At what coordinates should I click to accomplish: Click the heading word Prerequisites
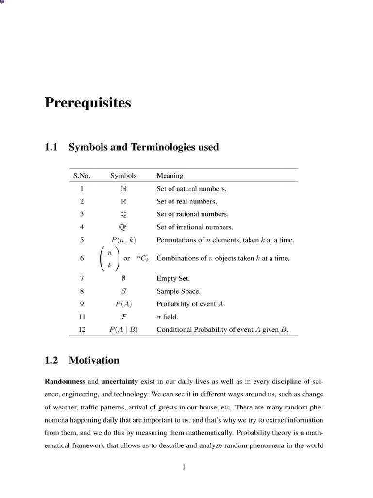pyautogui.click(x=87, y=104)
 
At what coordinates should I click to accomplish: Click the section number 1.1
pyautogui.click(x=51, y=147)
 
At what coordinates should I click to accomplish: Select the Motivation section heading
pyautogui.click(x=94, y=360)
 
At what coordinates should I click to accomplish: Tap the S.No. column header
pyautogui.click(x=82, y=176)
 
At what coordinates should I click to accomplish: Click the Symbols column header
pyautogui.click(x=123, y=176)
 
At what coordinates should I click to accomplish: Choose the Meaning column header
pyautogui.click(x=170, y=176)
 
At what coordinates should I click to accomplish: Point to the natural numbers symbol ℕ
pyautogui.click(x=123, y=189)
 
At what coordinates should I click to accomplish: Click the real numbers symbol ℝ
pyautogui.click(x=123, y=201)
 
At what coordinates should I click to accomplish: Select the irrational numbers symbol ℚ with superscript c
pyautogui.click(x=123, y=227)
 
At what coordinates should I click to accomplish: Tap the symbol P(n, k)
pyautogui.click(x=123, y=240)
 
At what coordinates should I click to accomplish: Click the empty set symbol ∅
pyautogui.click(x=123, y=279)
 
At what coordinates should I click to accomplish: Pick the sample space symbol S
pyautogui.click(x=123, y=291)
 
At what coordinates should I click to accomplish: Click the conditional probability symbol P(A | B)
pyautogui.click(x=123, y=330)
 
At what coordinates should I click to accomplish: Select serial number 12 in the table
pyautogui.click(x=82, y=330)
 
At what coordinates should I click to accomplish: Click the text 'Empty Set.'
pyautogui.click(x=173, y=279)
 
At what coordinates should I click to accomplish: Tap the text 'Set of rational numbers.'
pyautogui.click(x=192, y=214)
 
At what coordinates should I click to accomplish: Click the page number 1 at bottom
pyautogui.click(x=184, y=468)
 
